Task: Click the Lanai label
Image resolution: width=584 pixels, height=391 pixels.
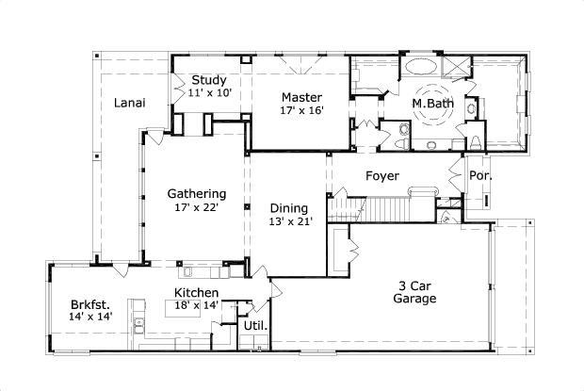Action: point(129,104)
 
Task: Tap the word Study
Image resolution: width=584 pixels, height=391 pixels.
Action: point(208,80)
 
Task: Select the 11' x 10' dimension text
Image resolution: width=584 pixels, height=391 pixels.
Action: point(209,93)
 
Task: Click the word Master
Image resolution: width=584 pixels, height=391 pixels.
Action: point(301,97)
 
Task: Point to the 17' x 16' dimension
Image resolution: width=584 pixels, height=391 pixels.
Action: point(301,110)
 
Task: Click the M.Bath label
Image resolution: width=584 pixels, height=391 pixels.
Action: point(433,103)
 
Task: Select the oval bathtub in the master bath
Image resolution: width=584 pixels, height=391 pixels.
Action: point(420,69)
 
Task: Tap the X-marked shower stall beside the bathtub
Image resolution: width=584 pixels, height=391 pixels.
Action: point(459,68)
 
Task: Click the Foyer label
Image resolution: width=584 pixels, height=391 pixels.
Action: point(382,176)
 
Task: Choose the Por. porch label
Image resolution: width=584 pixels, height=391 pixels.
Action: point(480,176)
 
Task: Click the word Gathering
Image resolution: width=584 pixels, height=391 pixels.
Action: point(196,194)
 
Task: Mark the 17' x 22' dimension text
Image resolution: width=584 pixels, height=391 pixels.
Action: point(196,207)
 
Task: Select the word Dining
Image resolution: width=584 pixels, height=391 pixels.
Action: point(288,208)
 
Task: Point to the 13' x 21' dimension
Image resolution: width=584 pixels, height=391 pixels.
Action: point(288,222)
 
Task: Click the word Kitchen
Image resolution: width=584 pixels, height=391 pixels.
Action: point(196,293)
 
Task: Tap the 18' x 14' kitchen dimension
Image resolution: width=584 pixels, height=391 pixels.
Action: point(196,306)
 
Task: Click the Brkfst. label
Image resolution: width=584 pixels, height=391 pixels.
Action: point(90,304)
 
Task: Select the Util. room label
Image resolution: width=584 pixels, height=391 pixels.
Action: point(255,327)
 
